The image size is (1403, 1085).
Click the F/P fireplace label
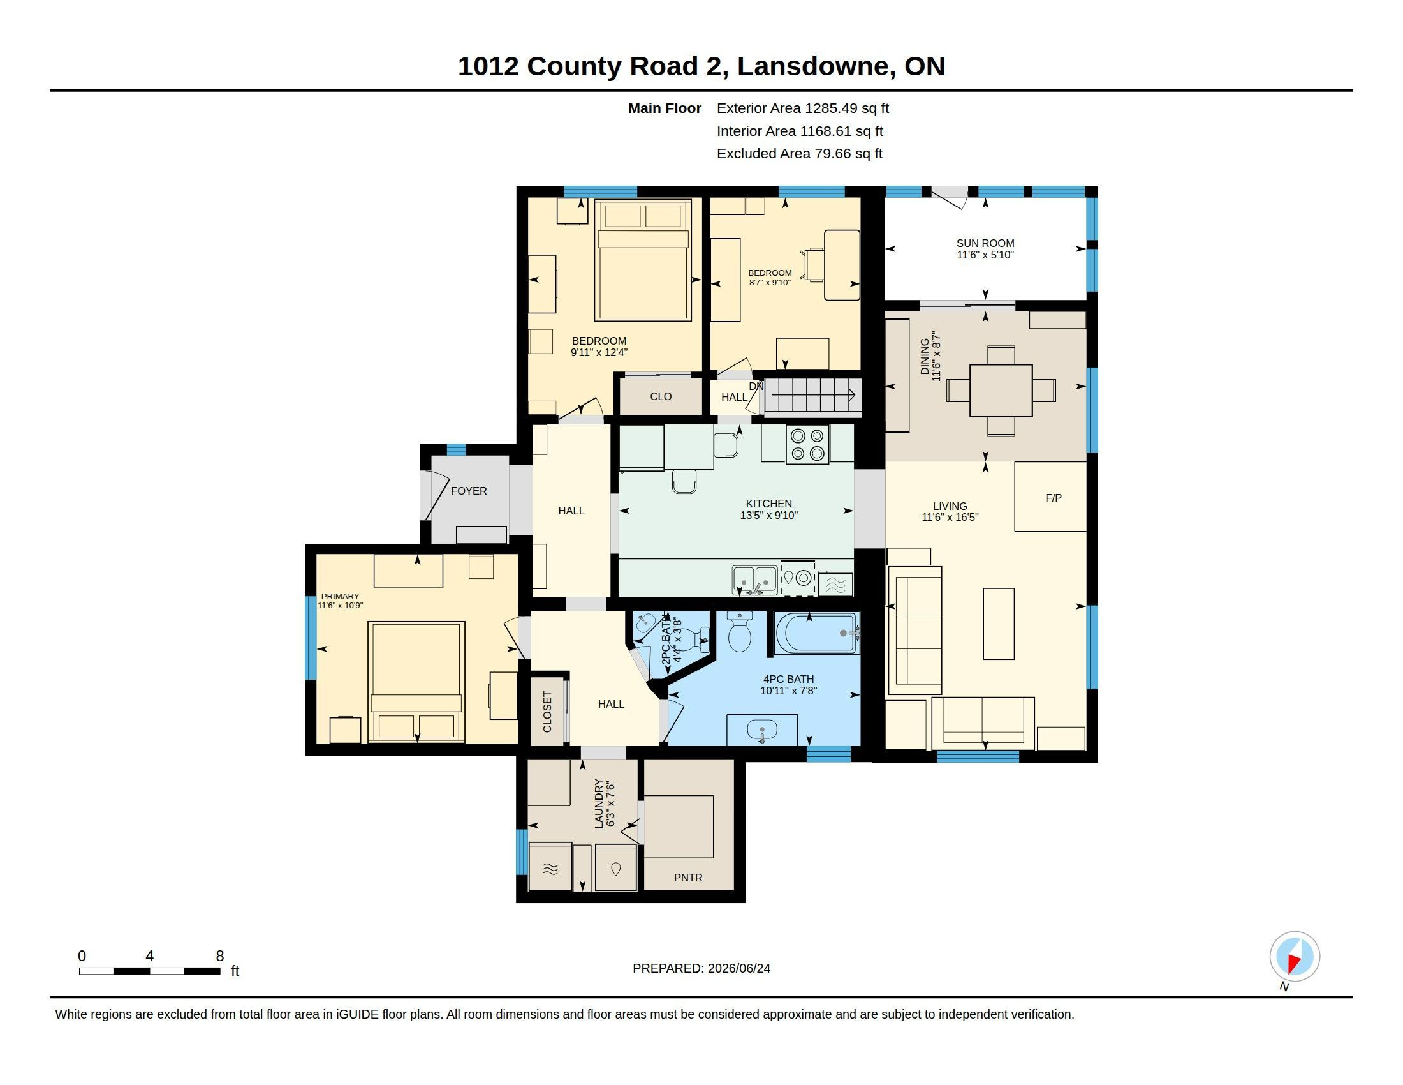pos(1053,498)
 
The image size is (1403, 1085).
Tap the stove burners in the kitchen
pos(807,444)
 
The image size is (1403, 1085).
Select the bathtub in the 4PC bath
pos(817,632)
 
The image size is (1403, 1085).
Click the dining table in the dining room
pos(1001,391)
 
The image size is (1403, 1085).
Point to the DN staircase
pos(812,394)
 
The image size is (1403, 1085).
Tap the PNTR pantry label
pos(688,878)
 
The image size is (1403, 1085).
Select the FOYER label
pos(468,490)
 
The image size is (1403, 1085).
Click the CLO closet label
pos(661,396)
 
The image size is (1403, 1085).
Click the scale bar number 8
pos(220,956)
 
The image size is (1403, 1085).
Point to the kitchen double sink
pos(755,580)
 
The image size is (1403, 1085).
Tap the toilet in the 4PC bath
pos(739,631)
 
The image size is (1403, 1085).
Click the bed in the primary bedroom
pos(416,682)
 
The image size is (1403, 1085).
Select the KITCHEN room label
pos(768,504)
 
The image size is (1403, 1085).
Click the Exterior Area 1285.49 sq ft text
pos(802,108)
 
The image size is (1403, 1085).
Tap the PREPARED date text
pos(701,968)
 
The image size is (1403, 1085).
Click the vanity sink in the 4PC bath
pos(763,730)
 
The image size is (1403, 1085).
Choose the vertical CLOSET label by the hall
pos(547,712)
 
